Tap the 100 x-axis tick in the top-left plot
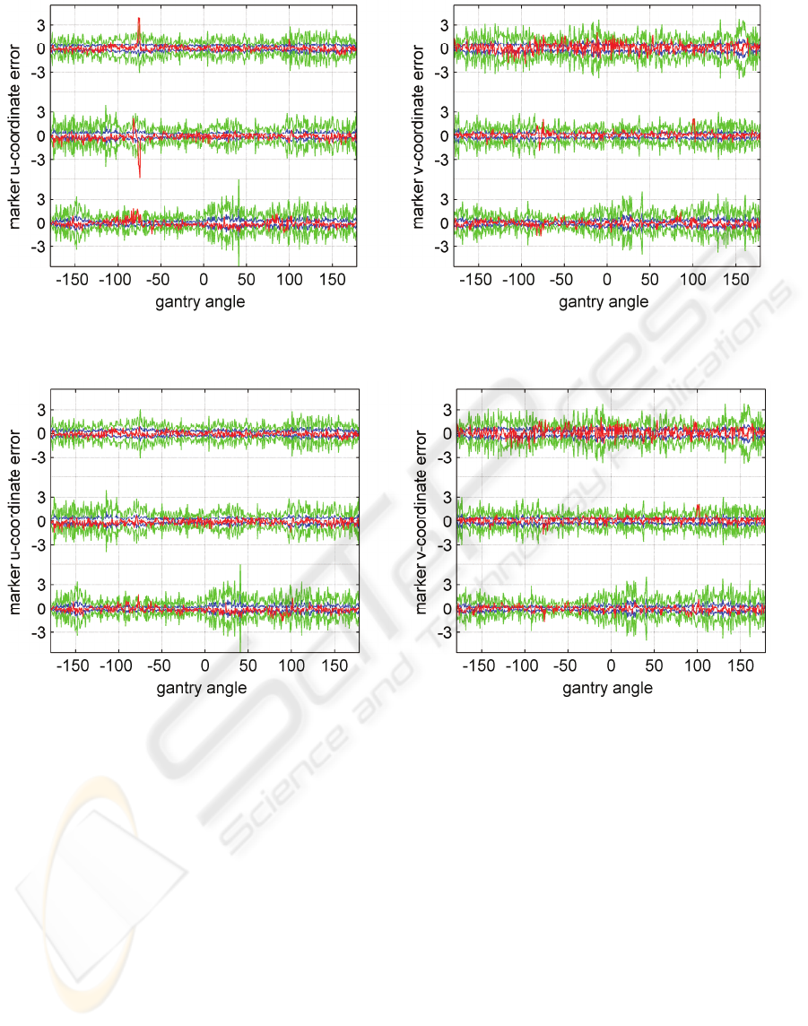(290, 279)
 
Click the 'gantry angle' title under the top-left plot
(200, 302)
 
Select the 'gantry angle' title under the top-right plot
(604, 302)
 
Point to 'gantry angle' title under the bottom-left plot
(202, 688)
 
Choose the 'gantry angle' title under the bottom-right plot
(607, 688)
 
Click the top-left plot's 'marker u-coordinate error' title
(16, 135)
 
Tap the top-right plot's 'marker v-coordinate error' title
(420, 135)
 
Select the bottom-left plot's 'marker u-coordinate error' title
(16, 521)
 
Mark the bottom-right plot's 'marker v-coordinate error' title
(421, 521)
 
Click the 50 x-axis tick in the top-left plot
(247, 279)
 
